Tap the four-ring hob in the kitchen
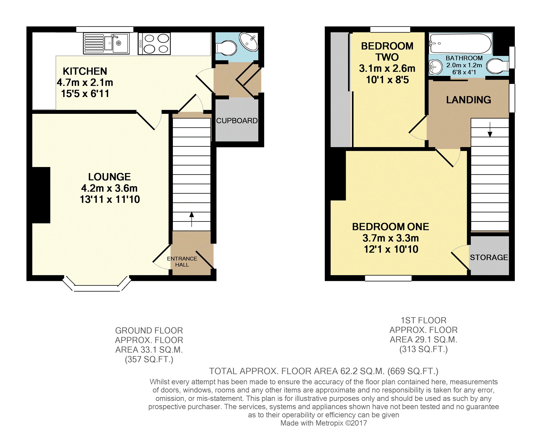tap(154, 44)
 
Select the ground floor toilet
tap(226, 48)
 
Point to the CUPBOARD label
tap(237, 121)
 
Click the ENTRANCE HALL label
tap(182, 262)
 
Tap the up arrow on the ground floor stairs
tap(192, 219)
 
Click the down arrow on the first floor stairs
tap(490, 130)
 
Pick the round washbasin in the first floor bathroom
tap(435, 67)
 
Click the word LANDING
tap(468, 100)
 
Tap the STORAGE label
tap(489, 257)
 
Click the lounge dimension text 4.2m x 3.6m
tap(109, 188)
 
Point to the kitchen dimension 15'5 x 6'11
tap(85, 94)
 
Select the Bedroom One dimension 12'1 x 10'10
tap(391, 249)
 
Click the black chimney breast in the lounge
tap(41, 195)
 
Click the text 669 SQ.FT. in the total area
tap(413, 371)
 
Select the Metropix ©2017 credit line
tap(323, 423)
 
